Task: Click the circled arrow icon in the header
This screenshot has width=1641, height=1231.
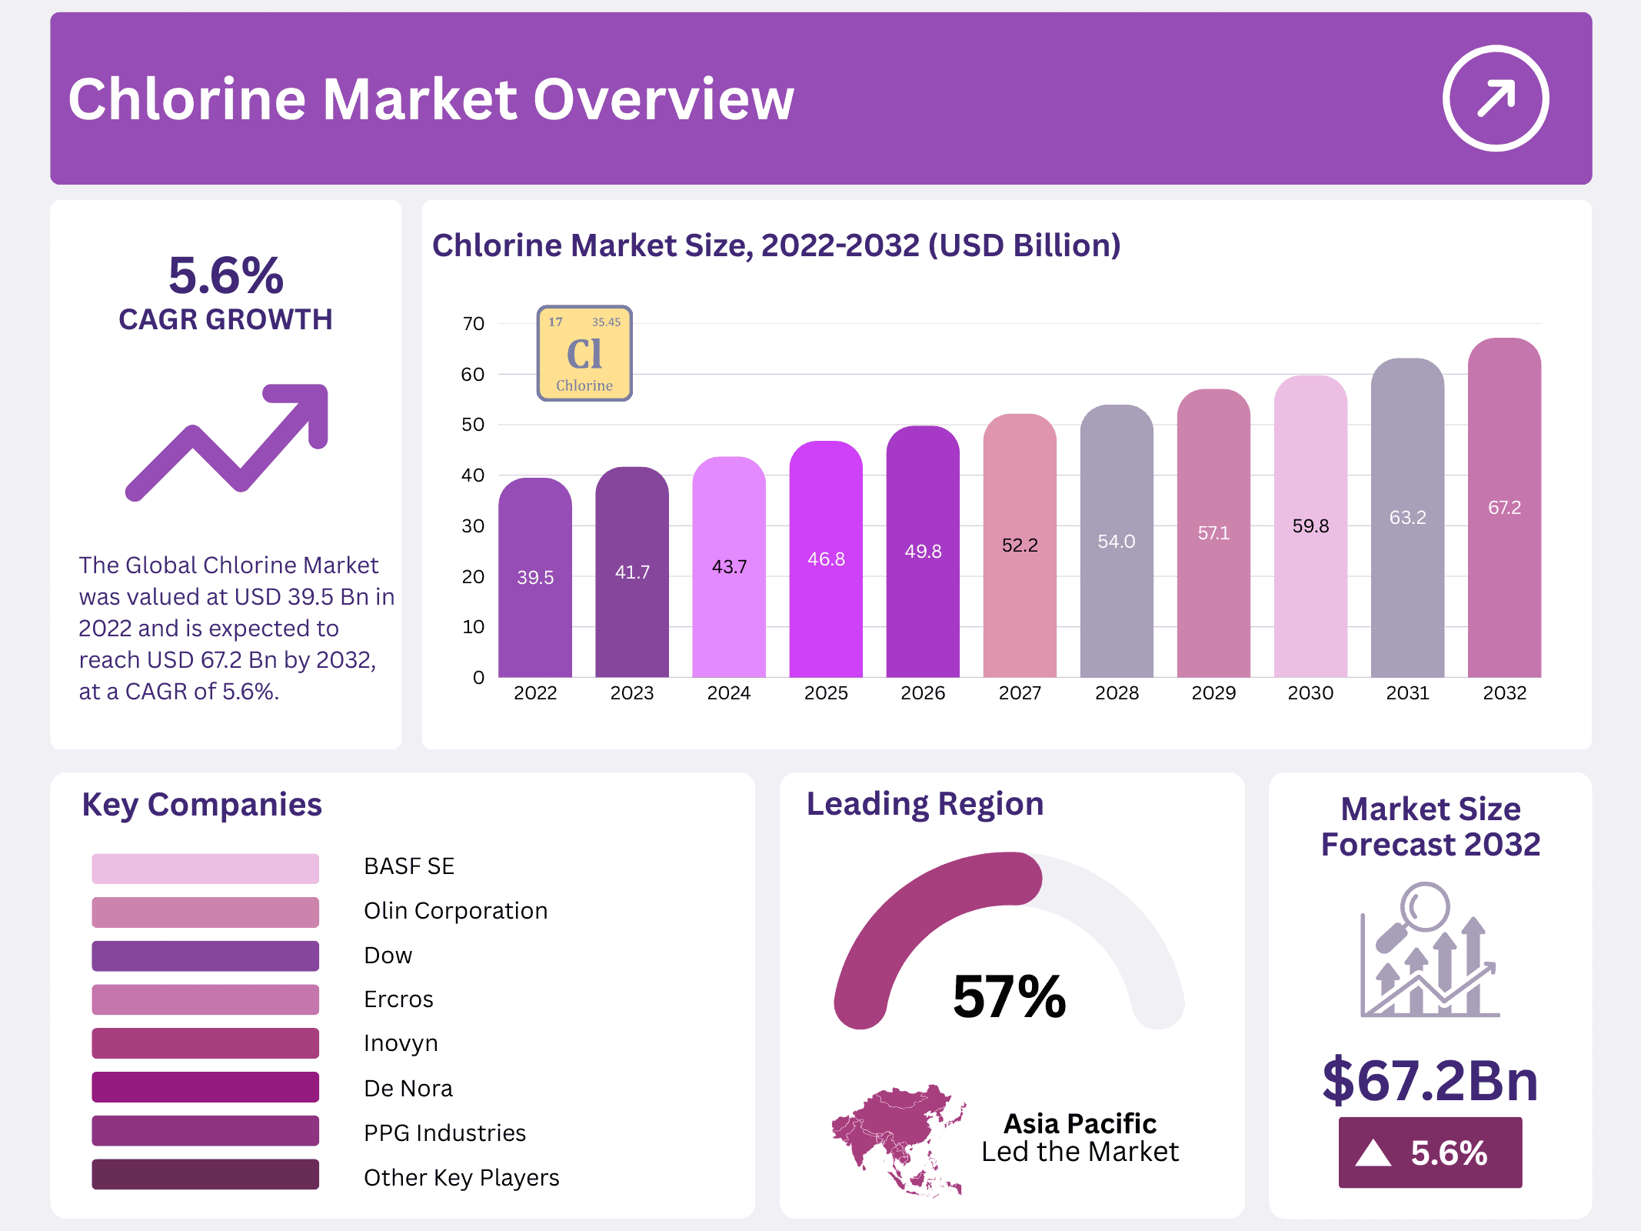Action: (x=1495, y=98)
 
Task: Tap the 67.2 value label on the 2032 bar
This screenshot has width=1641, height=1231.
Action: (x=1504, y=508)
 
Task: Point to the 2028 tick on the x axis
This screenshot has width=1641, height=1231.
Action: (x=1117, y=693)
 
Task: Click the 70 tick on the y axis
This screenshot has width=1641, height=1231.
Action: (x=474, y=324)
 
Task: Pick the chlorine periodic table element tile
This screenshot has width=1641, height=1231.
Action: (x=584, y=354)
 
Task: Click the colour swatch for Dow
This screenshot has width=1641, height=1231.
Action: (x=205, y=956)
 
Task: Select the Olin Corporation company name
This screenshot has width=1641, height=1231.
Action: (x=455, y=911)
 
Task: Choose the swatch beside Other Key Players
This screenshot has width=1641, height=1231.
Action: (x=205, y=1175)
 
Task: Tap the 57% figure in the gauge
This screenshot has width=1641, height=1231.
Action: (x=1009, y=997)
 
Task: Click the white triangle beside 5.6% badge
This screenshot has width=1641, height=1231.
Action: (x=1373, y=1153)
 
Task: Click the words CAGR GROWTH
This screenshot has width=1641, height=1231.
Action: (x=225, y=319)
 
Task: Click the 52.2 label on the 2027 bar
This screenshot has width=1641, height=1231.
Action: (x=1020, y=545)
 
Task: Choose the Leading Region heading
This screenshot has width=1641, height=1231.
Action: (x=925, y=804)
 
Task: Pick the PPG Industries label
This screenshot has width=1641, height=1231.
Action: (x=444, y=1133)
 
